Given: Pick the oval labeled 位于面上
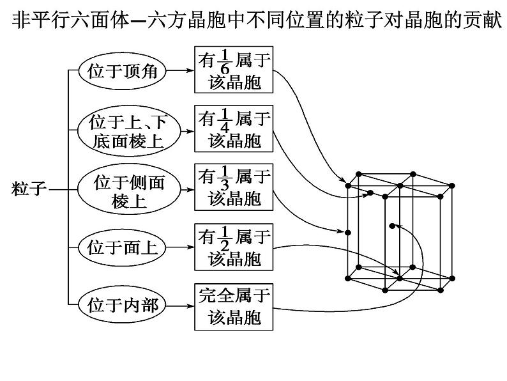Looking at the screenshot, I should (122, 246).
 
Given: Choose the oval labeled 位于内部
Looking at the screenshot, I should (122, 304).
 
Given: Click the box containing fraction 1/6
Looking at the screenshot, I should (234, 71).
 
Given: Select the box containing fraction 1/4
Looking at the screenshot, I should (234, 130).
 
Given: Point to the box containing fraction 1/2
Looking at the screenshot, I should (234, 246).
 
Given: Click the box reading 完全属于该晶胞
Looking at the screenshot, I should (234, 305).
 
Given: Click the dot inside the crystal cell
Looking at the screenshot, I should (391, 226).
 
